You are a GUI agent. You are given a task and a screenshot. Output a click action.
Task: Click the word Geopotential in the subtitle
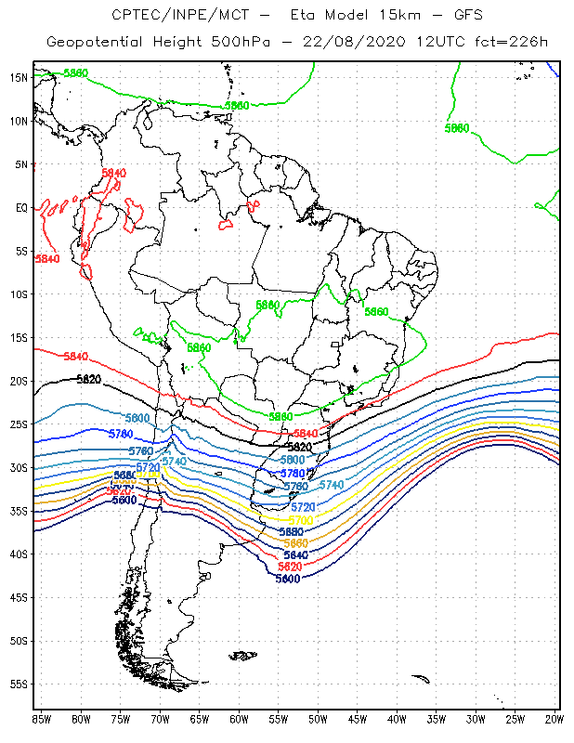94,43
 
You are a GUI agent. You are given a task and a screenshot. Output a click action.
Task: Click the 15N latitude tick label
19,77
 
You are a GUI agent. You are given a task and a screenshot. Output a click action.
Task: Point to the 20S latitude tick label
19,381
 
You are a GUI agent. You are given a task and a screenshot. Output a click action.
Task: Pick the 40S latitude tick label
19,554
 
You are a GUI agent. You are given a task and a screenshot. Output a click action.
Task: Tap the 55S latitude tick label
19,684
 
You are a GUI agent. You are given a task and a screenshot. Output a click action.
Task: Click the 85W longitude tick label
42,719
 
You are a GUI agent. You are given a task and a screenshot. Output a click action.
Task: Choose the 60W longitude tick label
239,719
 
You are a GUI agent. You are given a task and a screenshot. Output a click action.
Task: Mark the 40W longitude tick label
397,719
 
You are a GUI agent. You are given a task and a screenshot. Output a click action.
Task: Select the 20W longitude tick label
554,719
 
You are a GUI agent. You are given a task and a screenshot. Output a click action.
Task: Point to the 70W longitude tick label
160,719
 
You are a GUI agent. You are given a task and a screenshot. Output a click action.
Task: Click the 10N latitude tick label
19,121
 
